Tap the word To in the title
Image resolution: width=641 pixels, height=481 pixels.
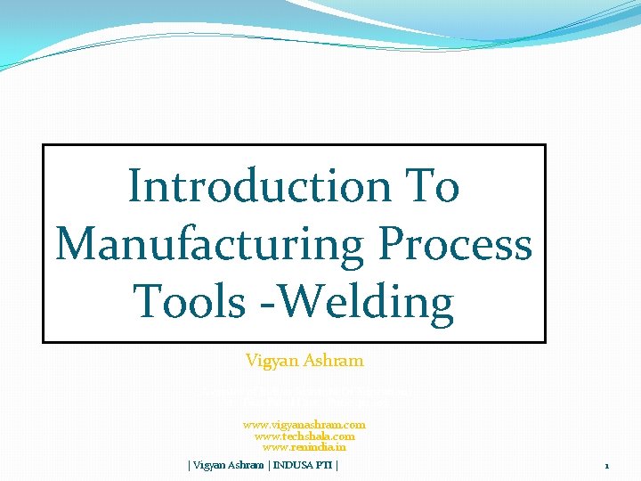[431, 187]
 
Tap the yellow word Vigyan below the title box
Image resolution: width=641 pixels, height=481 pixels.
[273, 361]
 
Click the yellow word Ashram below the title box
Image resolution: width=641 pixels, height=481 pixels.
[335, 361]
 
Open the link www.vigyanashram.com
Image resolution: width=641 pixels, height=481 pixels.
[304, 425]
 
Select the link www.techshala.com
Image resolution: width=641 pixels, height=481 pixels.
[304, 436]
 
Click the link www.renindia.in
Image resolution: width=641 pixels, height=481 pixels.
[304, 447]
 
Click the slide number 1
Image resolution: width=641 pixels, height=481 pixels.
[606, 466]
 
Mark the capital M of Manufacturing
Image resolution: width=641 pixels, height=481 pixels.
[77, 244]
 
